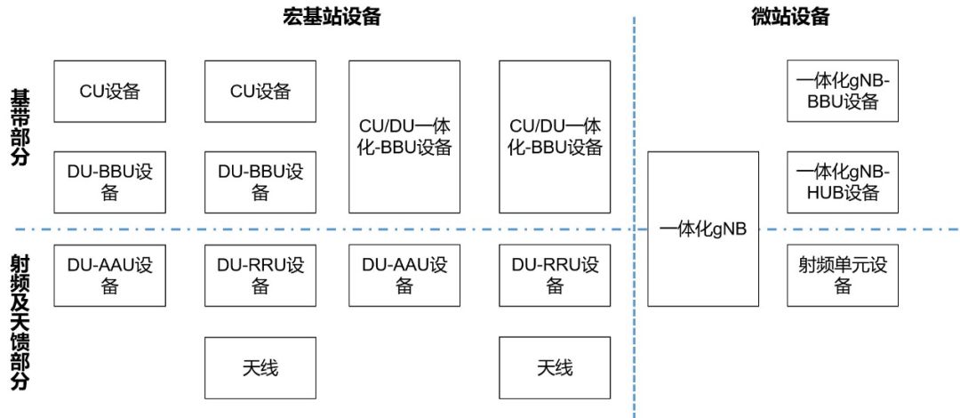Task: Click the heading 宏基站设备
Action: click(x=329, y=17)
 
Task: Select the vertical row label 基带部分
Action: click(x=20, y=126)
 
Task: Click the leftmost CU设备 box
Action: click(x=110, y=92)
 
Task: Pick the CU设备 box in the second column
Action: click(x=260, y=92)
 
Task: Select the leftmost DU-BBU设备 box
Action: click(x=110, y=182)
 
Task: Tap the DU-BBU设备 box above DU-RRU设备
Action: click(x=260, y=182)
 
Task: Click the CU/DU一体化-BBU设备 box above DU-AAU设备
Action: click(x=404, y=136)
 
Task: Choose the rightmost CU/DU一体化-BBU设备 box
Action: click(x=555, y=136)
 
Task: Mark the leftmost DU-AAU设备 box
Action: click(x=110, y=275)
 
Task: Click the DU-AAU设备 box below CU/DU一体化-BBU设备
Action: click(x=404, y=275)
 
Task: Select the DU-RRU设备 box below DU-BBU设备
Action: click(x=260, y=275)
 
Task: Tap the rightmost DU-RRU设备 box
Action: click(x=555, y=275)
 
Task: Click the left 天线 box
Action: click(x=260, y=367)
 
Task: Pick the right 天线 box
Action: click(x=555, y=367)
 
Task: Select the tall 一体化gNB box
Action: click(x=703, y=229)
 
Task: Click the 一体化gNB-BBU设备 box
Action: click(x=843, y=92)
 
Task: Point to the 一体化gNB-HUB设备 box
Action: click(x=843, y=182)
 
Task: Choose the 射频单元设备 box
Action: click(x=843, y=275)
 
